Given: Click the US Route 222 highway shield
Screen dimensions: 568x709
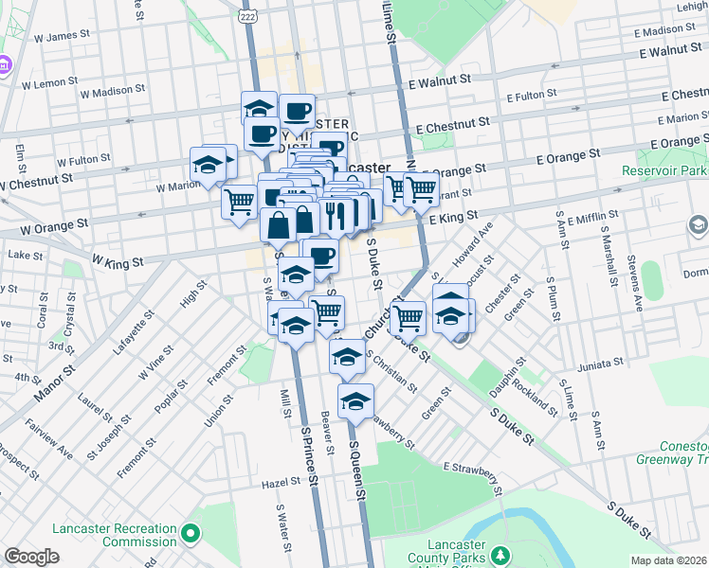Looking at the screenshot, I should (245, 18).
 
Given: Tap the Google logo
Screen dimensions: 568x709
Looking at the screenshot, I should (31, 557).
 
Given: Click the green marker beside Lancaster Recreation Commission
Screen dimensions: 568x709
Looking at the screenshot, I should (191, 535).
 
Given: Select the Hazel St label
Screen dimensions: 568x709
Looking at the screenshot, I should (282, 483).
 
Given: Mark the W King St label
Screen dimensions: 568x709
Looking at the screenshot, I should (118, 260).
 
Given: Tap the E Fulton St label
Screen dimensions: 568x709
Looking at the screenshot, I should (537, 97).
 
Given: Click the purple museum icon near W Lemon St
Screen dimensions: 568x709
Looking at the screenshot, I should (3, 65).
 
